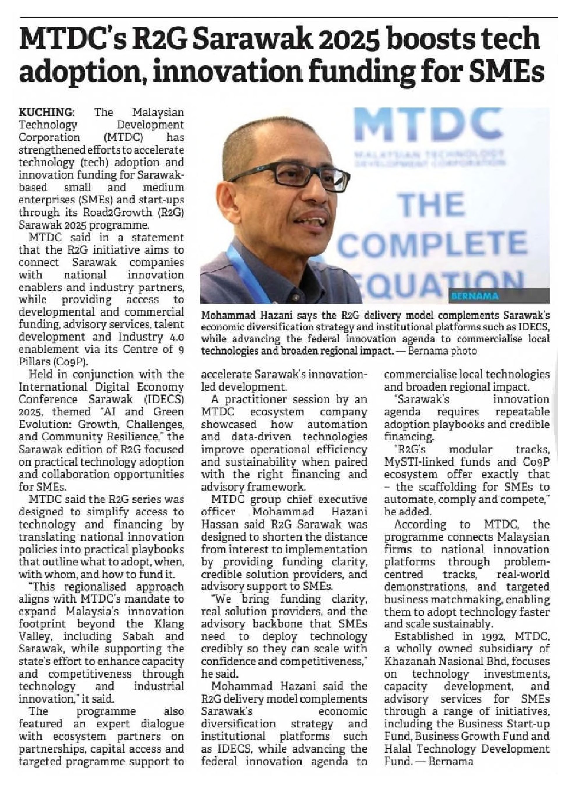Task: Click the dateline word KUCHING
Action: [46, 112]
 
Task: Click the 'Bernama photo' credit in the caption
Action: [442, 351]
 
